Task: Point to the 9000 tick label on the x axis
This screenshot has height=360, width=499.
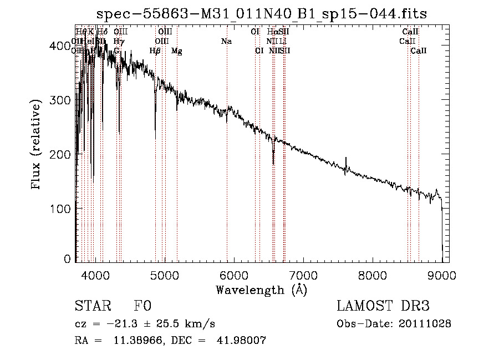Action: [x=441, y=275]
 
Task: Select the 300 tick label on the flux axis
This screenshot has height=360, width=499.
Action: [x=60, y=100]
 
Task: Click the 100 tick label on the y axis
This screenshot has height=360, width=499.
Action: [x=60, y=208]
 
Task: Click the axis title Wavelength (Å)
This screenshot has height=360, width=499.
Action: [x=261, y=290]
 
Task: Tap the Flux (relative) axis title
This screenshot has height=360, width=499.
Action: [x=37, y=145]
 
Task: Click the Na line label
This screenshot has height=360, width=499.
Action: [x=226, y=42]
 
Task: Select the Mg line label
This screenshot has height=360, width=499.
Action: [x=176, y=51]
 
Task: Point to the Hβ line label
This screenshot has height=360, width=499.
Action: [x=155, y=51]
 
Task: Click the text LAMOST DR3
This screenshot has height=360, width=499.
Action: [x=383, y=306]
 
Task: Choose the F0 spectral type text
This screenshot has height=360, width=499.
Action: [x=142, y=306]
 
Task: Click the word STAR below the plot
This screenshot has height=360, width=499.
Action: [x=92, y=306]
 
